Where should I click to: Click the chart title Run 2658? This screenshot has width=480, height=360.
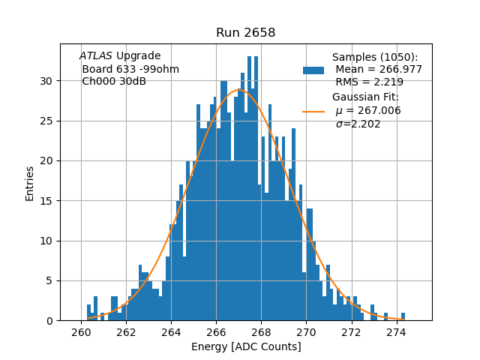[245, 32]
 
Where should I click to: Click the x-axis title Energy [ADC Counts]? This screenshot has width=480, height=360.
[246, 346]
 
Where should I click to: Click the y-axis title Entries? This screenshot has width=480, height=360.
[30, 183]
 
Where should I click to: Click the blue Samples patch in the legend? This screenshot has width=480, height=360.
[313, 70]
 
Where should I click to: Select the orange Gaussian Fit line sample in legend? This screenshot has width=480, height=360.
[313, 111]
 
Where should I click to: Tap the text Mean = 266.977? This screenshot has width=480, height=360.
[379, 70]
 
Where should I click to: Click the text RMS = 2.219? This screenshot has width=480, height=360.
[369, 82]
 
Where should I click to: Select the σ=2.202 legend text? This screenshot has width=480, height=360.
[358, 124]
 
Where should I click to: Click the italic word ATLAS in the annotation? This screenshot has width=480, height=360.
[96, 56]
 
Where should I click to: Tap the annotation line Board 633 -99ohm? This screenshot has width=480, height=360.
[130, 69]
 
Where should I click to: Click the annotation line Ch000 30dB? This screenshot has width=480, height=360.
[114, 82]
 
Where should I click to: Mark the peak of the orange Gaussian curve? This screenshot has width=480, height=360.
[238, 90]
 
